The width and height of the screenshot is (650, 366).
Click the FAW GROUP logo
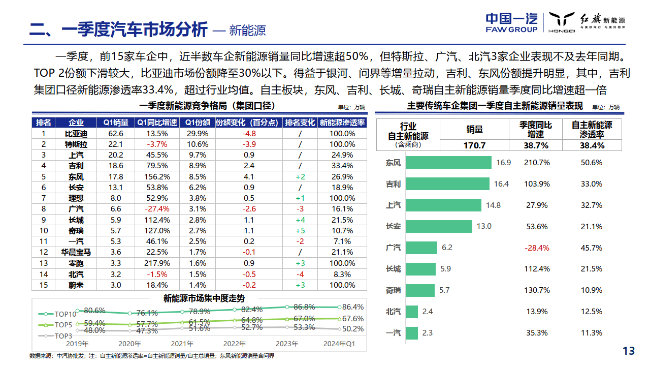(x=511, y=23)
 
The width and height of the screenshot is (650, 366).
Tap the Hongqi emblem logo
(x=561, y=22)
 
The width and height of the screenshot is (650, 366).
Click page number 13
(x=629, y=351)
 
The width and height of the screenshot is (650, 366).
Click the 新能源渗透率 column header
(x=342, y=123)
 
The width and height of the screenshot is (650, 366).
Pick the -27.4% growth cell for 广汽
(x=157, y=209)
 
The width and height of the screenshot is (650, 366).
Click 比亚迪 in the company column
(x=76, y=134)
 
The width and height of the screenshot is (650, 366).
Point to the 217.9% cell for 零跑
(x=157, y=263)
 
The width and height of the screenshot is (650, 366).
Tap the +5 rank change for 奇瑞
(x=300, y=231)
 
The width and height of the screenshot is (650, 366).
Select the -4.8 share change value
(x=249, y=134)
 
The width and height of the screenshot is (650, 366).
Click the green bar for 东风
(x=449, y=163)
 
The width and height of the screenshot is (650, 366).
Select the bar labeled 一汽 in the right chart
(x=412, y=333)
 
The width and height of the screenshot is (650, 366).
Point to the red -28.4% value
(x=538, y=248)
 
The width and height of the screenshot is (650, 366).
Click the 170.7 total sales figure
(x=474, y=145)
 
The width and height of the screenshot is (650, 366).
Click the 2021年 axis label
(x=182, y=344)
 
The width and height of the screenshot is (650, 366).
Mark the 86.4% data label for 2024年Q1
(x=353, y=307)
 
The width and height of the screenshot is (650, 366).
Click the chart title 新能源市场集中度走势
(x=204, y=298)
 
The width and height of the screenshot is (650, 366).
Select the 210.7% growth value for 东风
(x=538, y=163)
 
